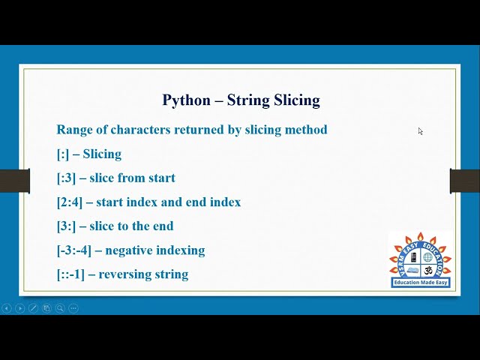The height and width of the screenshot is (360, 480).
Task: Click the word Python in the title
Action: click(x=185, y=100)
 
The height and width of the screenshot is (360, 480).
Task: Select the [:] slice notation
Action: click(x=63, y=154)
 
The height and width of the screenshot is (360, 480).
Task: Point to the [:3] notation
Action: click(x=66, y=178)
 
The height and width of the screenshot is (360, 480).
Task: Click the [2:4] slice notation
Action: click(x=69, y=202)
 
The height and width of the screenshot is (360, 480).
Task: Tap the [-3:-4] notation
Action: click(x=73, y=250)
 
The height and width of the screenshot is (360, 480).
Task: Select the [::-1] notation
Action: click(x=70, y=274)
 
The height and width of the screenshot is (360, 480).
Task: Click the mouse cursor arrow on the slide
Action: click(x=420, y=131)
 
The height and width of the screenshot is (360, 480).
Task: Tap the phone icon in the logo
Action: click(x=413, y=257)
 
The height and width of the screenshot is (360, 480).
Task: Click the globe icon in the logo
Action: click(x=428, y=257)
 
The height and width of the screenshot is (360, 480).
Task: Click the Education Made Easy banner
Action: click(x=421, y=283)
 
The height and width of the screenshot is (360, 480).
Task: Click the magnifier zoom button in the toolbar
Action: click(x=60, y=308)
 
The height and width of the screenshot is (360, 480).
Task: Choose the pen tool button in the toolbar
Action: click(x=33, y=308)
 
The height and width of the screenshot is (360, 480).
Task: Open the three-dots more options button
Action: click(x=73, y=308)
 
